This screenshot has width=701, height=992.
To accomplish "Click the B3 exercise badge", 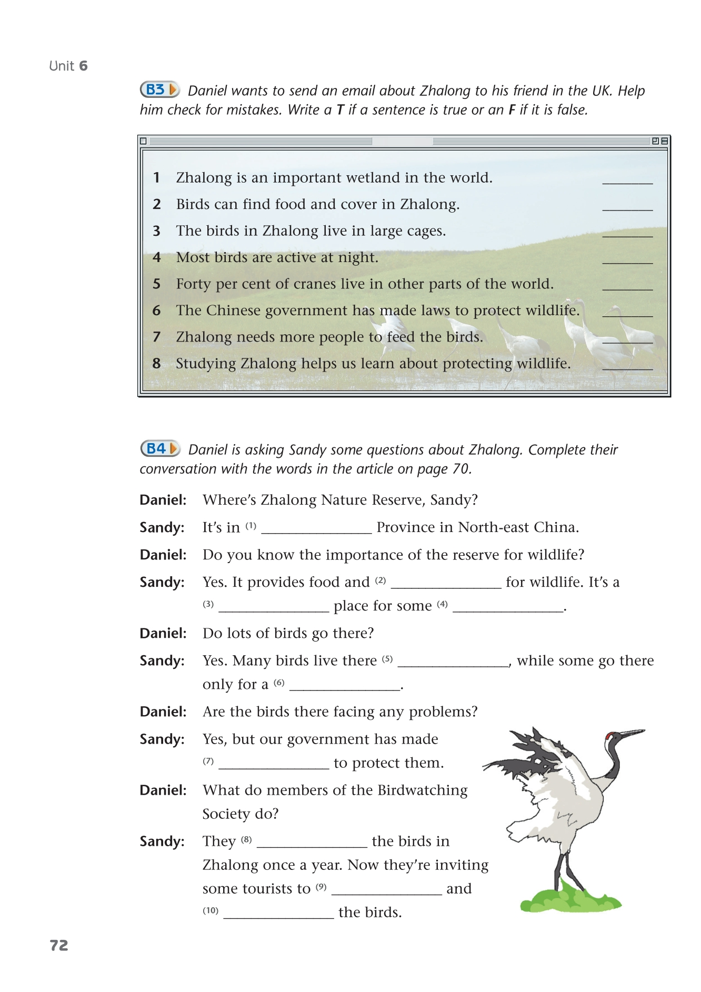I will coord(159,89).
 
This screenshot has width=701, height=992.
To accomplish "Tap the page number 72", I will coord(59,945).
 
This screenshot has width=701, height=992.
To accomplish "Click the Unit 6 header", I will coord(68,66).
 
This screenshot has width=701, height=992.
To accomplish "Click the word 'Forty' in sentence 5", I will coord(193,284).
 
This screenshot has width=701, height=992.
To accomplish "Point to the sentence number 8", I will coord(156,363).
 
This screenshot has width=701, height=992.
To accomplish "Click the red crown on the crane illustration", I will coord(609,735).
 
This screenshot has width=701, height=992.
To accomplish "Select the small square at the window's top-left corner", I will coord(143,141).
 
